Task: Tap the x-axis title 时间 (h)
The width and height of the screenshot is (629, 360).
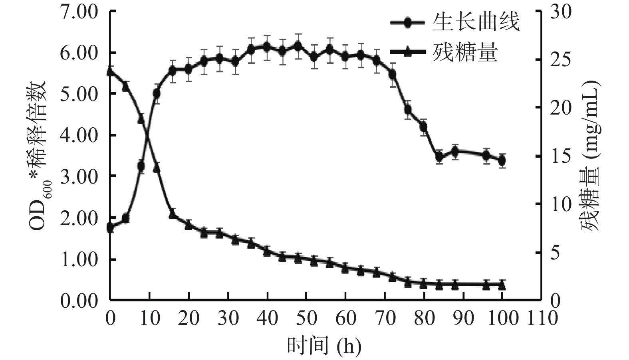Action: coord(324,346)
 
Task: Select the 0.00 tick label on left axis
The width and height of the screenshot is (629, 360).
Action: coord(79,300)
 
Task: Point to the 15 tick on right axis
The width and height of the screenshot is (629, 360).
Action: coord(561,156)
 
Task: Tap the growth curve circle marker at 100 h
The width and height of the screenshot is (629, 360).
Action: coord(502,161)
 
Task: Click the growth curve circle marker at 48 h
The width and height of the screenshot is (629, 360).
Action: coord(298,46)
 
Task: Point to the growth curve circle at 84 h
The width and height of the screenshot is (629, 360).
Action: coord(439,156)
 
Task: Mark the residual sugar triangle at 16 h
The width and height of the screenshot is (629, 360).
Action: coord(173,214)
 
